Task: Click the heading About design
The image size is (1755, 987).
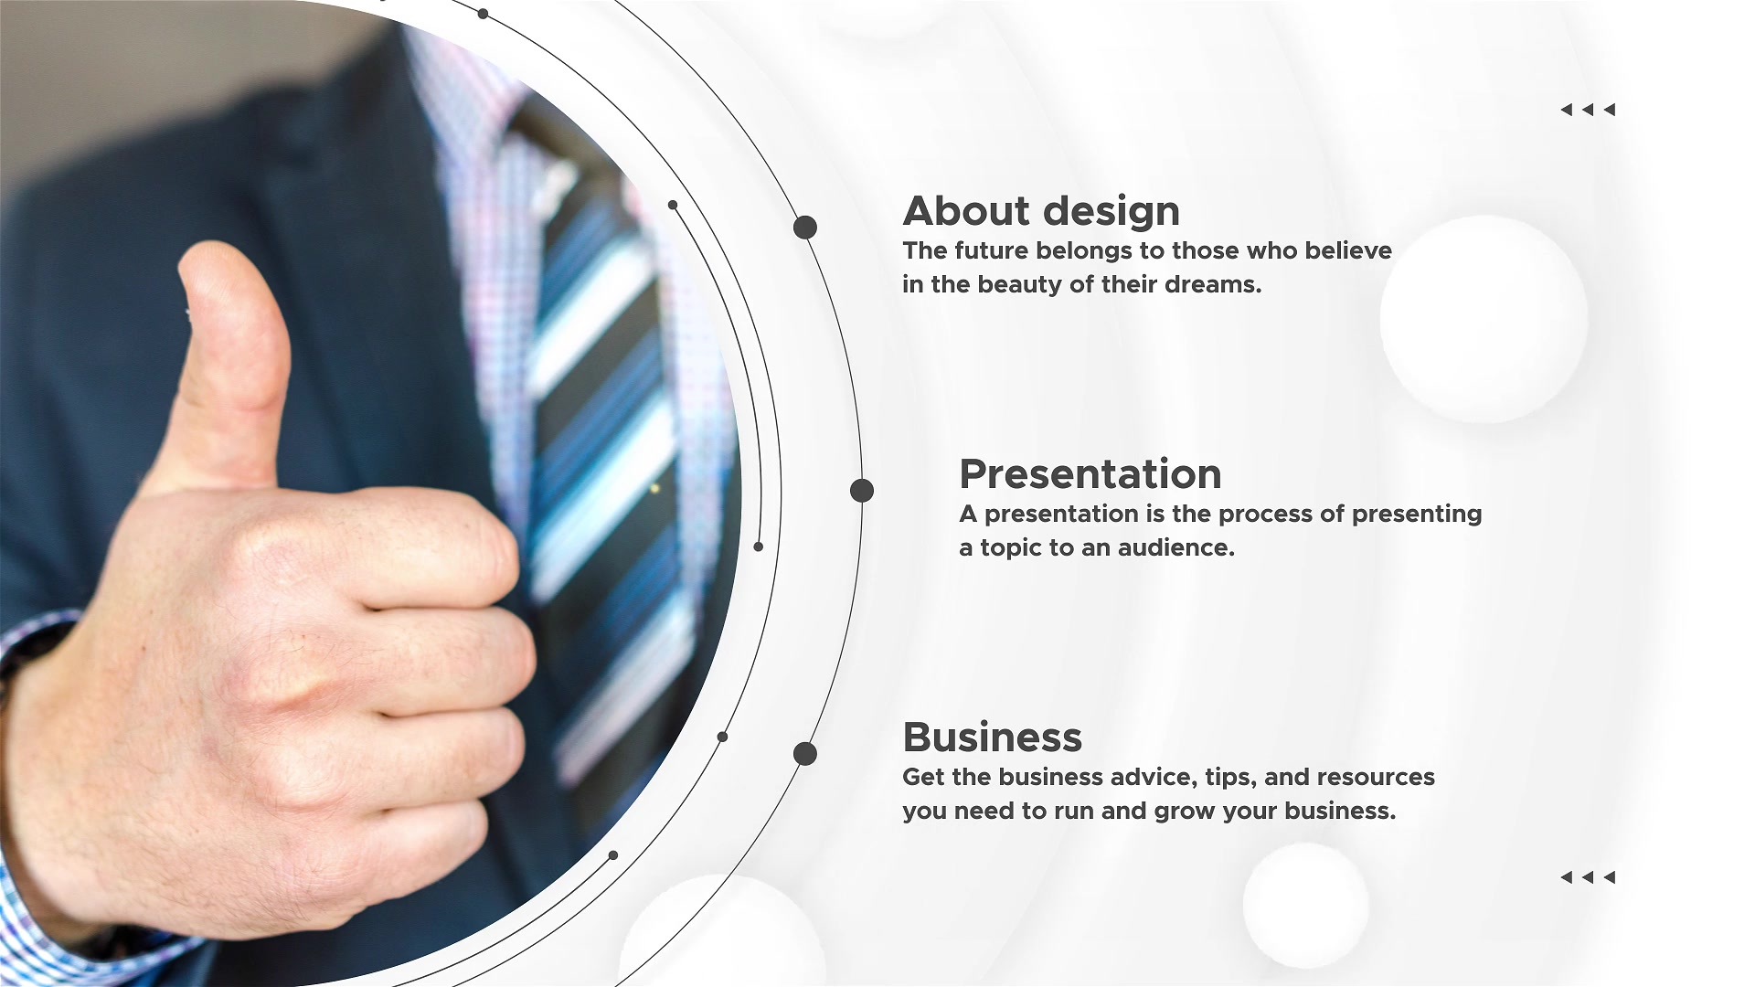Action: tap(1041, 211)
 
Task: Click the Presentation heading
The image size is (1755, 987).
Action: tap(1090, 474)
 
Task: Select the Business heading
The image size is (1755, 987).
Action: tap(992, 737)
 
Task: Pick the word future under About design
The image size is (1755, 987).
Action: tap(990, 250)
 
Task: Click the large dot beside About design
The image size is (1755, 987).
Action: tap(805, 228)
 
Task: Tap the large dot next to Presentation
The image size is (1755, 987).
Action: tap(862, 491)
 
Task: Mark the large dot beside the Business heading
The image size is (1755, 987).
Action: tap(805, 754)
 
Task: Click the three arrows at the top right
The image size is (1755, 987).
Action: tap(1588, 110)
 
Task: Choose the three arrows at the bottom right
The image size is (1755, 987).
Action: tap(1588, 877)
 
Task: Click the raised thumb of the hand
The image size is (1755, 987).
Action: tap(233, 356)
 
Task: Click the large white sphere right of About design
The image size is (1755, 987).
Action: tap(1484, 319)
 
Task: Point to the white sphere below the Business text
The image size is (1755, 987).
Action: tap(1305, 905)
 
